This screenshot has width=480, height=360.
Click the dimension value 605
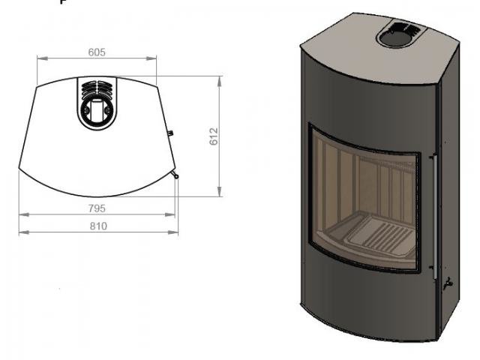[97, 52]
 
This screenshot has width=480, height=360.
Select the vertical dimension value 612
[213, 136]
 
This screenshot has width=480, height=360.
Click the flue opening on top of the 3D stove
[400, 34]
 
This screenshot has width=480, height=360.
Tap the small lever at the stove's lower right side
[448, 283]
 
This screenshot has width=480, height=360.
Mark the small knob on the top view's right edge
[171, 133]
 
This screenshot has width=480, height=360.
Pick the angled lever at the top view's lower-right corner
[175, 176]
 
